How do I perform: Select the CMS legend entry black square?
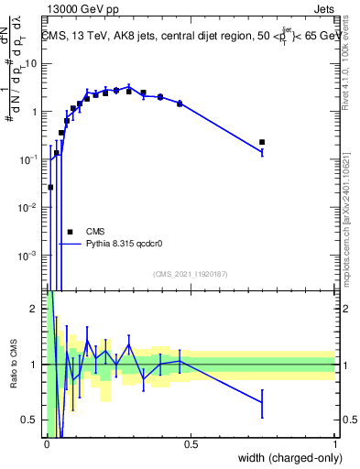69,232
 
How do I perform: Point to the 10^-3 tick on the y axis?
30,255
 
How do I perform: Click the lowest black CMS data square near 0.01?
50,187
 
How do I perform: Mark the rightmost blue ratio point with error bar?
262,401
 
